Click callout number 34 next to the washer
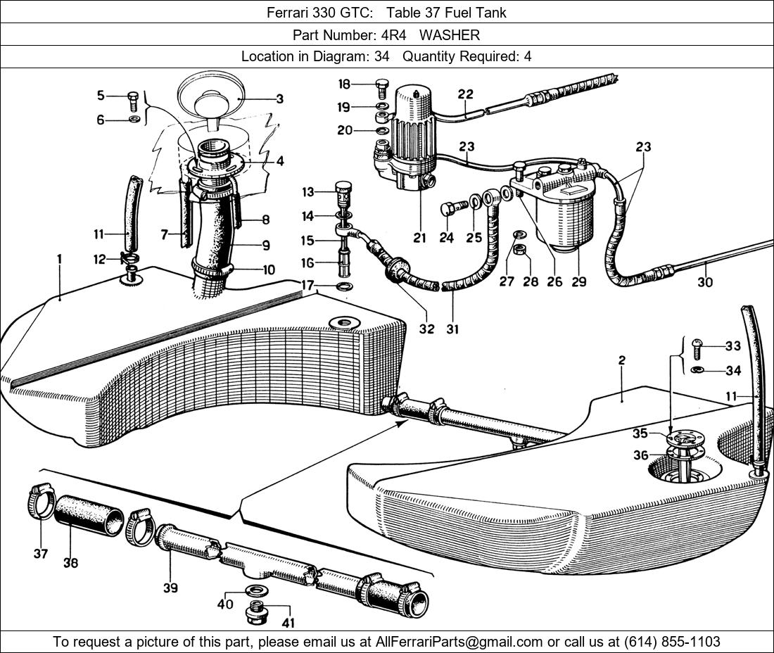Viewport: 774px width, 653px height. pos(733,371)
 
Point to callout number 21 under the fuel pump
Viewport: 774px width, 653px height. pos(420,239)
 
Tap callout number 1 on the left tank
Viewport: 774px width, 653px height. pos(60,259)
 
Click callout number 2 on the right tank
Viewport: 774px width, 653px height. pos(622,360)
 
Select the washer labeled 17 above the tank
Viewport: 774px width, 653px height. pos(345,286)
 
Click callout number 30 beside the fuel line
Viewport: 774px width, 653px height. pos(705,282)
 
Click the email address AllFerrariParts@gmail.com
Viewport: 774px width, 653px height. pos(459,642)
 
